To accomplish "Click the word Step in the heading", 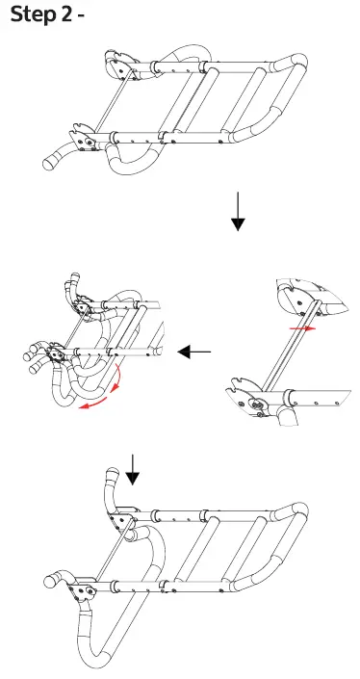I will (x=31, y=16).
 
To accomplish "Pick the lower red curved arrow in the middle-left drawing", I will (x=94, y=405).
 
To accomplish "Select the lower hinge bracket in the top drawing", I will (x=85, y=139).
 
